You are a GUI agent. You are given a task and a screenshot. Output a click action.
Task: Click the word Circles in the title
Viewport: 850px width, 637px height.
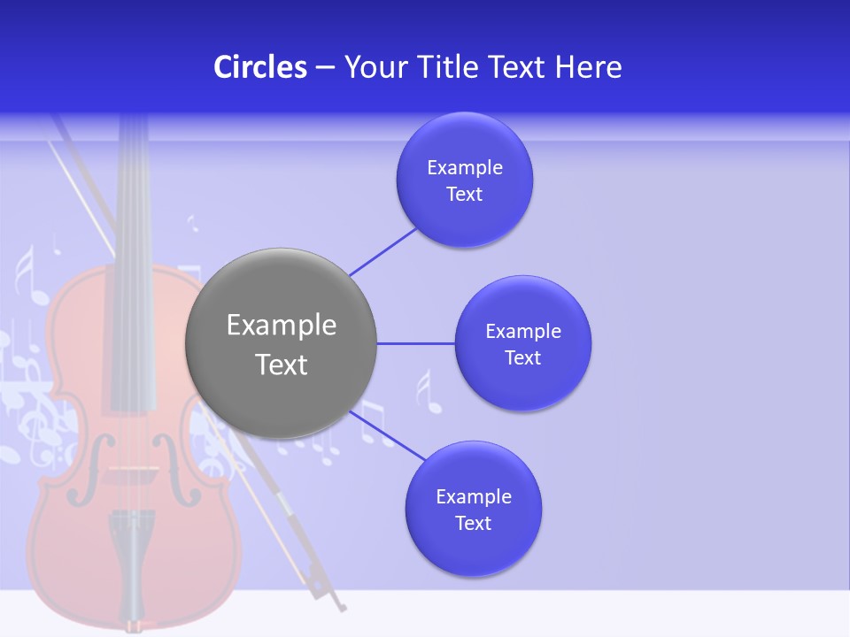[x=260, y=67]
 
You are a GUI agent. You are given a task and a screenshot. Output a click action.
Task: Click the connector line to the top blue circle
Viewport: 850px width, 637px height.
[x=383, y=251]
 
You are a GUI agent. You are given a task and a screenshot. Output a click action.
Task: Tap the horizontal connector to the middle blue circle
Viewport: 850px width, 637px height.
[x=415, y=343]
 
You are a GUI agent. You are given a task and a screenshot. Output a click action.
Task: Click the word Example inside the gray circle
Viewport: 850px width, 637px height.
[x=282, y=326]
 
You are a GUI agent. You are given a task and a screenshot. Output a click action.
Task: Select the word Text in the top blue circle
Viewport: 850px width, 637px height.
[x=465, y=195]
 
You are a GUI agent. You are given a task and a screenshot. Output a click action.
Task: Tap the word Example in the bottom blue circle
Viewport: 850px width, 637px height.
[x=474, y=496]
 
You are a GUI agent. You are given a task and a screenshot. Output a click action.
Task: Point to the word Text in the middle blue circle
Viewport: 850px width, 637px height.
[x=523, y=358]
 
